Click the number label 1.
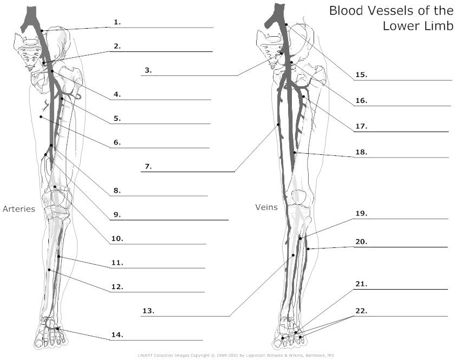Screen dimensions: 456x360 tap(117, 22)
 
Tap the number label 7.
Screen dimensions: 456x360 tap(148, 167)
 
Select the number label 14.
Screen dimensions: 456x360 tap(117, 335)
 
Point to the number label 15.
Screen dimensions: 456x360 tap(361, 75)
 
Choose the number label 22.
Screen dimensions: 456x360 tap(361, 311)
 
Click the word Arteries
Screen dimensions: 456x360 tap(19, 209)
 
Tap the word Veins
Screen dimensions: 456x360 tap(266, 207)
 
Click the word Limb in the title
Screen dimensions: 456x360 tap(439, 26)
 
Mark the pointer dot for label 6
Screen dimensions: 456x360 tap(41, 117)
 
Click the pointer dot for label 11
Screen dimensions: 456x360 tap(58, 257)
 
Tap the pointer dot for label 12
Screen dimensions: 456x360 tap(49, 270)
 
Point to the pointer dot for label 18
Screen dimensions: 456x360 tap(295, 152)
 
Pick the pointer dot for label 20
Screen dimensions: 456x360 tap(308, 249)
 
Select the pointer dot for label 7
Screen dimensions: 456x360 tap(278, 125)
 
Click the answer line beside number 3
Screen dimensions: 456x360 tap(190, 76)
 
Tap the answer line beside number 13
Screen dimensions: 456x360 tap(185, 316)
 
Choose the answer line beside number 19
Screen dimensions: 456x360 tap(401, 219)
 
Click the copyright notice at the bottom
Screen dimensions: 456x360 tap(236, 355)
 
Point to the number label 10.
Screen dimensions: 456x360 tap(117, 239)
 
